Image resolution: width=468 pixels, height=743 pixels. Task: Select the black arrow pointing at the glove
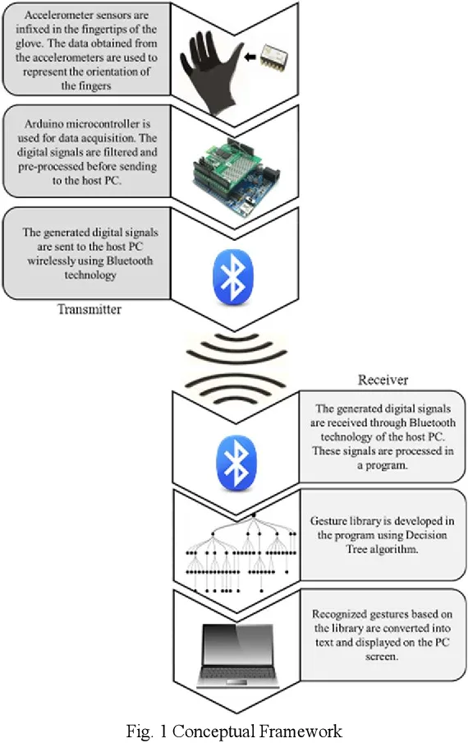coord(250,58)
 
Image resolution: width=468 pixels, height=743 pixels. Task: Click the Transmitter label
coord(89,309)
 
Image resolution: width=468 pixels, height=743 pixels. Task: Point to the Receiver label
coord(383,380)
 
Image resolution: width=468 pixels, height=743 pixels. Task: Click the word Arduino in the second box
coord(43,124)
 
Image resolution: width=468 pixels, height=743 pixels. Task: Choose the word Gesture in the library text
coord(327,521)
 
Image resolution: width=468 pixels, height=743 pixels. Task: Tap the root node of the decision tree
coord(254,515)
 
